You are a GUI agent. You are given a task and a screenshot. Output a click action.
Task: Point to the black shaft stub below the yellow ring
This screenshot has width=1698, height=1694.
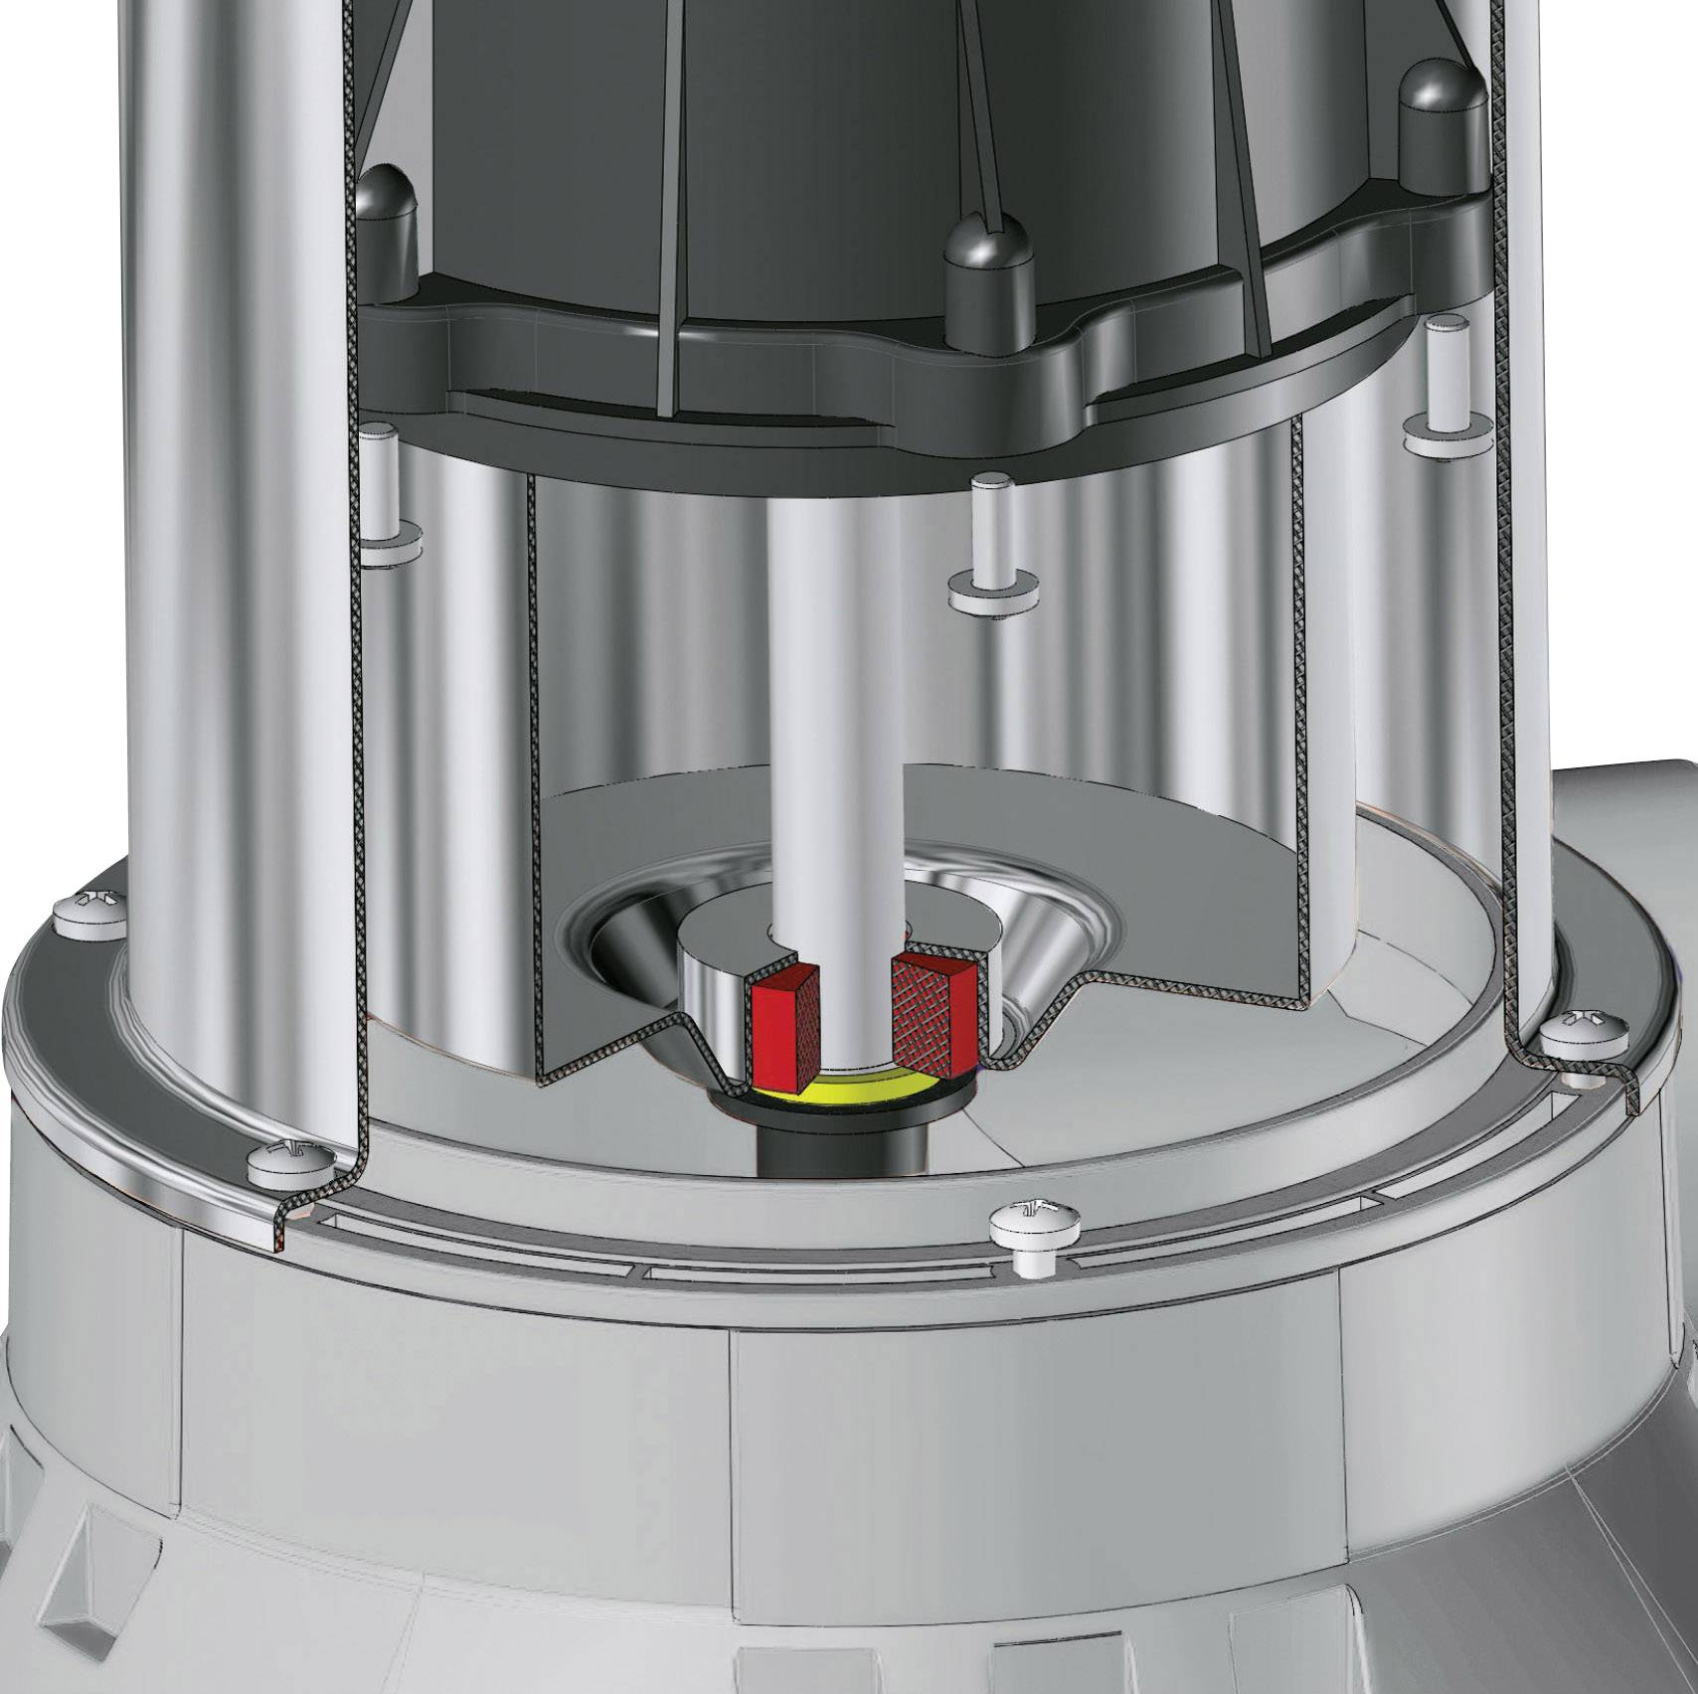tap(846, 1143)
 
